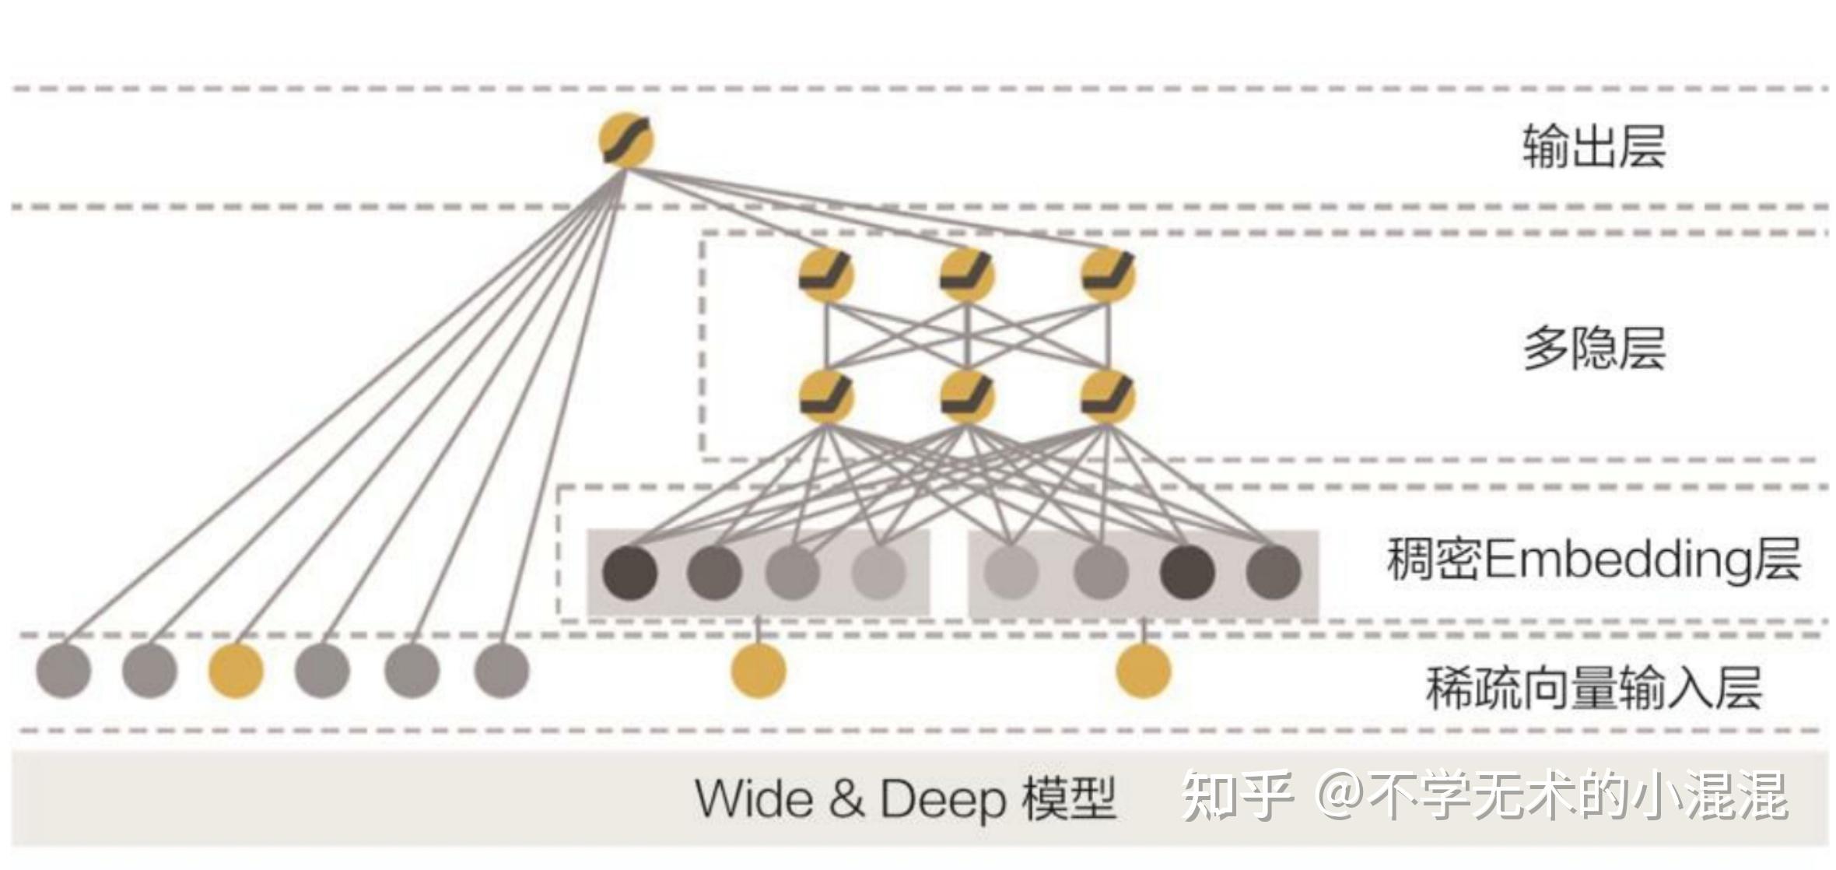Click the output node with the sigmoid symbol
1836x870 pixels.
click(x=625, y=141)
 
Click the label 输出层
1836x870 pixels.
click(x=1593, y=147)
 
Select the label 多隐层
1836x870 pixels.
click(x=1593, y=348)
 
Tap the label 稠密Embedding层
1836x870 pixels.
click(x=1593, y=560)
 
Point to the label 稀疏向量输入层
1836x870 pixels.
click(x=1593, y=688)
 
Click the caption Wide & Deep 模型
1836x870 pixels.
click(x=906, y=799)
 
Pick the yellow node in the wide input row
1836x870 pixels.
click(x=236, y=671)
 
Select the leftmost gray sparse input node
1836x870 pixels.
click(x=64, y=671)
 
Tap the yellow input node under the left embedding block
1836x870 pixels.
click(x=759, y=671)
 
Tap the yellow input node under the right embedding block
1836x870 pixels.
click(x=1143, y=671)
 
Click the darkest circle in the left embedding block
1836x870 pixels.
click(x=630, y=573)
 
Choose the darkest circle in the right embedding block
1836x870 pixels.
click(x=1187, y=573)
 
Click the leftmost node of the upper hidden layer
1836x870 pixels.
click(x=826, y=275)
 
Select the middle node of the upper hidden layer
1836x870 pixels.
click(x=966, y=275)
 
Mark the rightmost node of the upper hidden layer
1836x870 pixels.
click(x=1108, y=275)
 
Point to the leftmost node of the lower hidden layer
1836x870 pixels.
click(x=826, y=398)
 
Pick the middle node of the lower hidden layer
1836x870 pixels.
click(x=966, y=398)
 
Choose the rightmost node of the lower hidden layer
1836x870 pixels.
click(x=1108, y=398)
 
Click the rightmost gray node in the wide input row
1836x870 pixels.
click(x=502, y=671)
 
